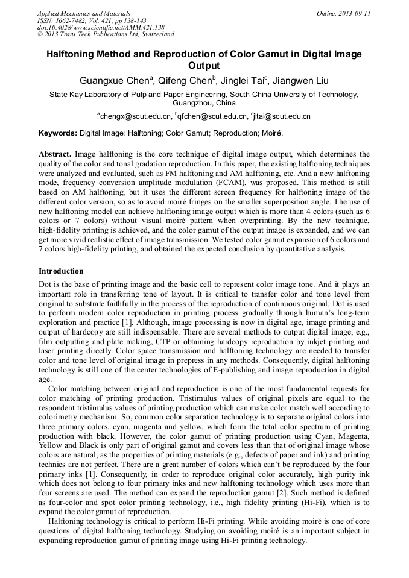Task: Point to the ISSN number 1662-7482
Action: (74, 20)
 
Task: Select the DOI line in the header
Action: (101, 28)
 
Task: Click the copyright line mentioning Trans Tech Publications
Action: (106, 35)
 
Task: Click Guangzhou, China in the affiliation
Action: (204, 103)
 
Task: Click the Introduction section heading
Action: (61, 271)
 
